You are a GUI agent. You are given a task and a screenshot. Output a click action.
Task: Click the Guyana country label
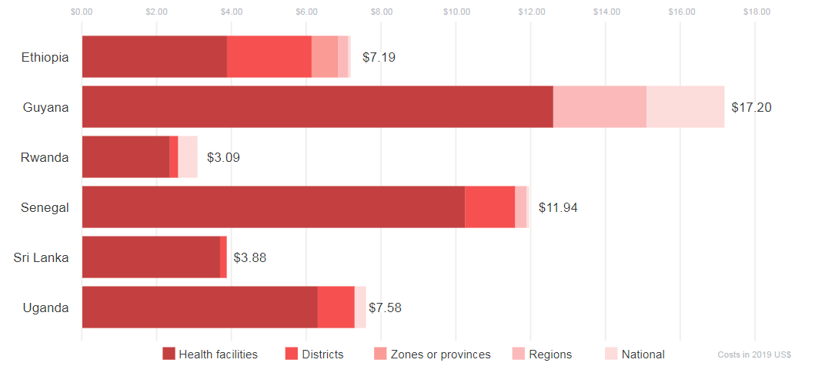(x=46, y=107)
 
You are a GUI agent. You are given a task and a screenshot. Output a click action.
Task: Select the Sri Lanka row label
(x=42, y=257)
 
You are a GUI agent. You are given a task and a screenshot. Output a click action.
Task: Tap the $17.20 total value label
(x=750, y=107)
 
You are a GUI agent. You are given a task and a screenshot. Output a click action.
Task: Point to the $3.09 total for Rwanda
(x=223, y=157)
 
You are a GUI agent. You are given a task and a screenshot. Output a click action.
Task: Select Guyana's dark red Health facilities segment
(x=317, y=107)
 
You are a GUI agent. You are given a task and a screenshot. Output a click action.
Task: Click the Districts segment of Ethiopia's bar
(x=269, y=57)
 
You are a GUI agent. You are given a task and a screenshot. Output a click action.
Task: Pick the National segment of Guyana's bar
(x=685, y=107)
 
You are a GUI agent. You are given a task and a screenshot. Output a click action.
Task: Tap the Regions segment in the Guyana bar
(x=600, y=107)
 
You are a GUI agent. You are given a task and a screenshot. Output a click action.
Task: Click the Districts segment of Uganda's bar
(x=336, y=307)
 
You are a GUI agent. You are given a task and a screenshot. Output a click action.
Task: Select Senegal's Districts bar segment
(x=489, y=207)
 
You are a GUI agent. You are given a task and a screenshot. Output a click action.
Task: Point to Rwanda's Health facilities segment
(x=125, y=157)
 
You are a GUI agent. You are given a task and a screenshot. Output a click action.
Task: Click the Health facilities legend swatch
(x=169, y=354)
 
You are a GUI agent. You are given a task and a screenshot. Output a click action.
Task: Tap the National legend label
(x=643, y=355)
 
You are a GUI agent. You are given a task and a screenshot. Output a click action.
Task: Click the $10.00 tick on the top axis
(x=456, y=12)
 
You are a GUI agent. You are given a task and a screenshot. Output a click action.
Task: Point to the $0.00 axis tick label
(x=82, y=12)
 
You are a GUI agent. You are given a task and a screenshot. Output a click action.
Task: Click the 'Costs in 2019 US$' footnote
(x=754, y=355)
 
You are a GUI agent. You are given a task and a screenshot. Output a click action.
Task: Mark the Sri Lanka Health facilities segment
(x=151, y=257)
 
